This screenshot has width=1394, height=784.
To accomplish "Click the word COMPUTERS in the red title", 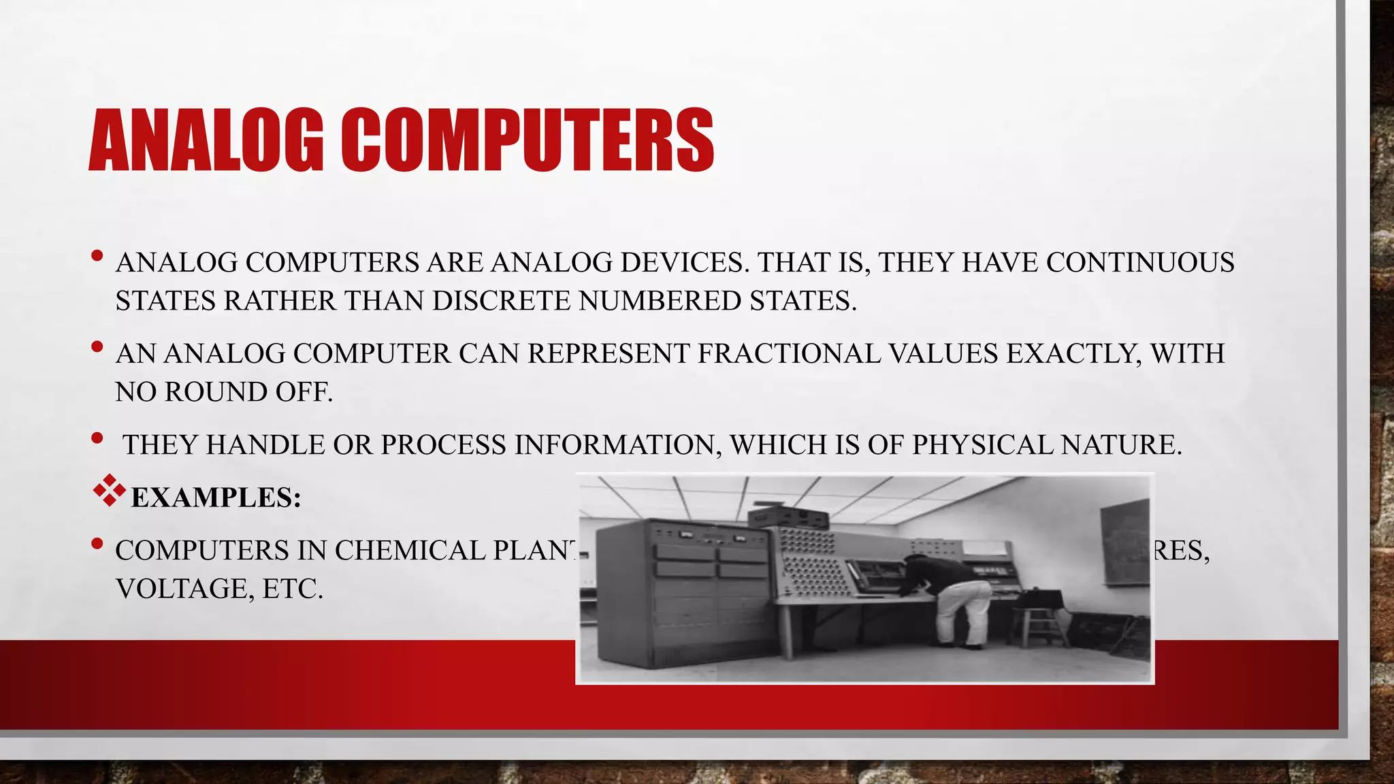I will [527, 140].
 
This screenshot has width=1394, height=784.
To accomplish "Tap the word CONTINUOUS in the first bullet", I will [1140, 263].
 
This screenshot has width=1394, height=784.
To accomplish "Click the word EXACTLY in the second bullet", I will [1070, 354].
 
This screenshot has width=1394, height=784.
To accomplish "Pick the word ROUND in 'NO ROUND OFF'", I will [216, 392].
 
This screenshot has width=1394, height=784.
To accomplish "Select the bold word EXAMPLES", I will [215, 497].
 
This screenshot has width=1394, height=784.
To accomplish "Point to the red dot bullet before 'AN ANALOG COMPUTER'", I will [97, 347].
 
